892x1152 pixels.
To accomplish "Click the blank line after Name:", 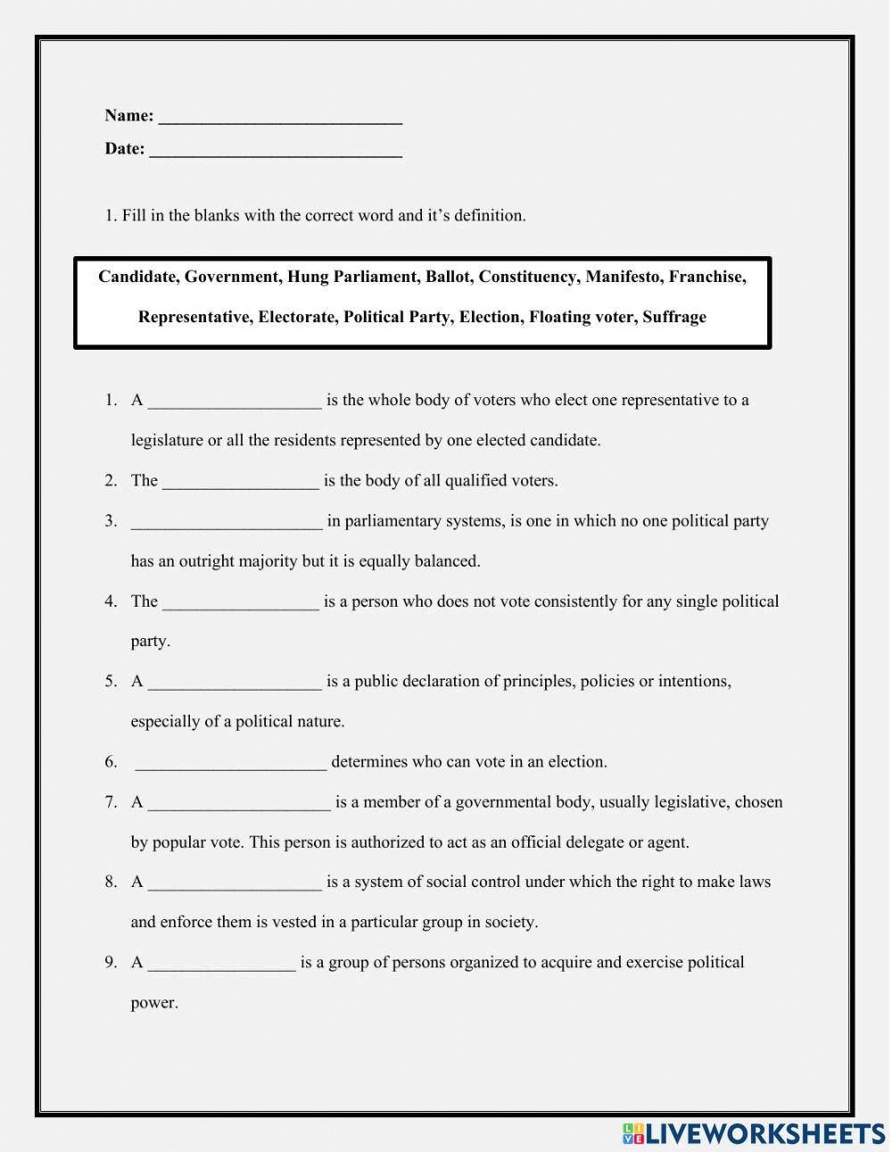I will coord(280,118).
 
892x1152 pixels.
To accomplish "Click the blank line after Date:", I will coord(276,151).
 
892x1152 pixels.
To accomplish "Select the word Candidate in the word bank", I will coord(138,277).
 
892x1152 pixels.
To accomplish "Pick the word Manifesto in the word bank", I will coord(623,277).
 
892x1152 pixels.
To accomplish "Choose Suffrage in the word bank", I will coord(673,317).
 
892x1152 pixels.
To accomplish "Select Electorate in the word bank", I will coord(296,317).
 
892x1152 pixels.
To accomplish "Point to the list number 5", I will coord(111,682).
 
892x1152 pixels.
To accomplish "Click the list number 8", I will coord(111,883).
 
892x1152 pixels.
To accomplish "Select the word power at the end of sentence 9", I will coord(154,1003).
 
